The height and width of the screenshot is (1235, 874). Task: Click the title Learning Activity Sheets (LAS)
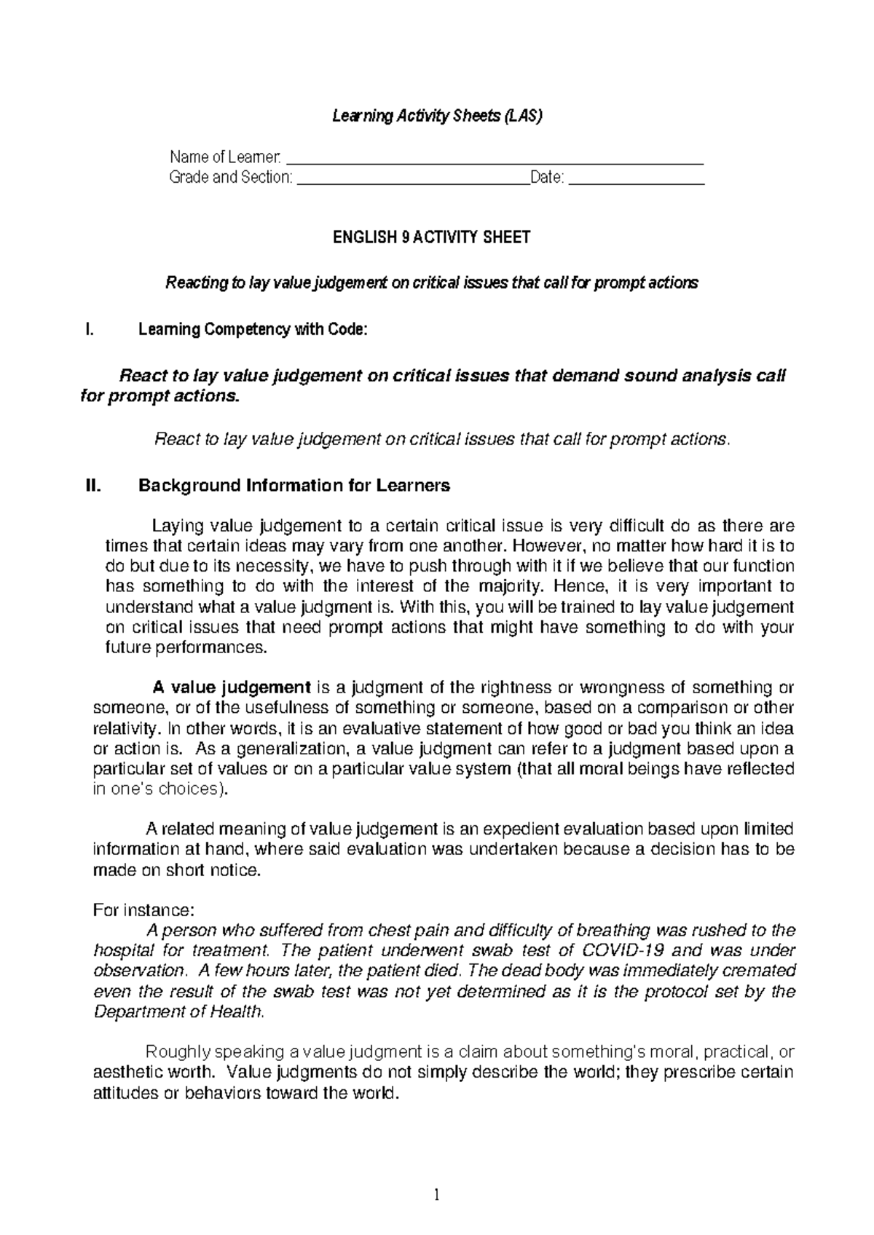(x=437, y=116)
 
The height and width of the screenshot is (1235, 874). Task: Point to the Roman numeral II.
(x=92, y=486)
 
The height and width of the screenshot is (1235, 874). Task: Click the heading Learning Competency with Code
(x=253, y=330)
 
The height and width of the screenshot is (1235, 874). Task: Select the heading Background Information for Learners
(x=294, y=486)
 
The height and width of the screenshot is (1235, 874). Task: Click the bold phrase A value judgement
(x=231, y=687)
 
